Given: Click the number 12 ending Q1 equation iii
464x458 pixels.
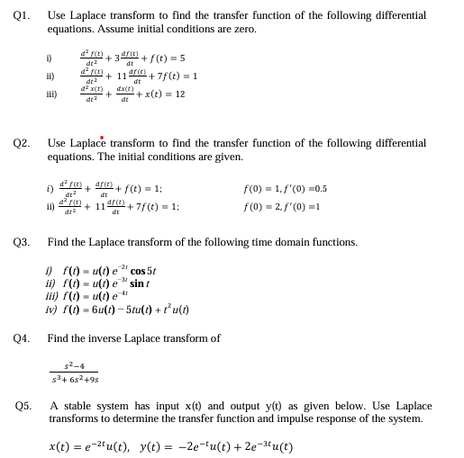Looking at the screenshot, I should (x=179, y=94).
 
